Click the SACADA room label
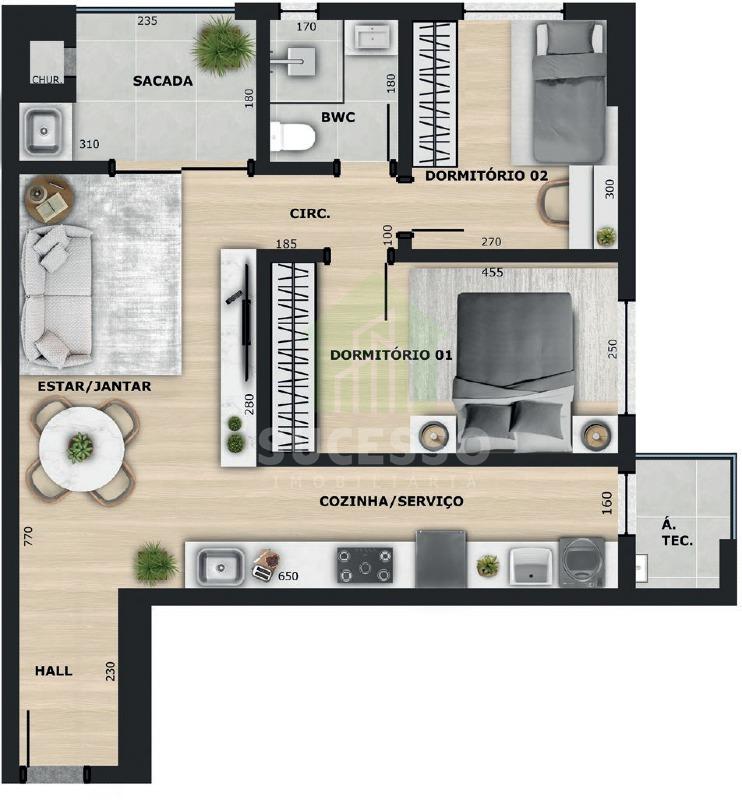[163, 81]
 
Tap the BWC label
[338, 117]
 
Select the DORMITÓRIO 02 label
[486, 176]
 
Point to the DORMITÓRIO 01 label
[391, 355]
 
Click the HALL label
[54, 671]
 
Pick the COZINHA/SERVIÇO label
[391, 502]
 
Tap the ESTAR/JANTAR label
[94, 386]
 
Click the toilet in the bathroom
[291, 137]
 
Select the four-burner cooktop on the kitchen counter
[365, 565]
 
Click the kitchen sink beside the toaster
[220, 566]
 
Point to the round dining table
[82, 449]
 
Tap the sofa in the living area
[56, 296]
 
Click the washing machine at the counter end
[582, 562]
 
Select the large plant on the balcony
[223, 45]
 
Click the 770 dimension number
[28, 536]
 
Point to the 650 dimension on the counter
[288, 576]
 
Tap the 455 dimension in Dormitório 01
[492, 272]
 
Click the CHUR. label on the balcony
[47, 80]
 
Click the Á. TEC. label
[677, 533]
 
